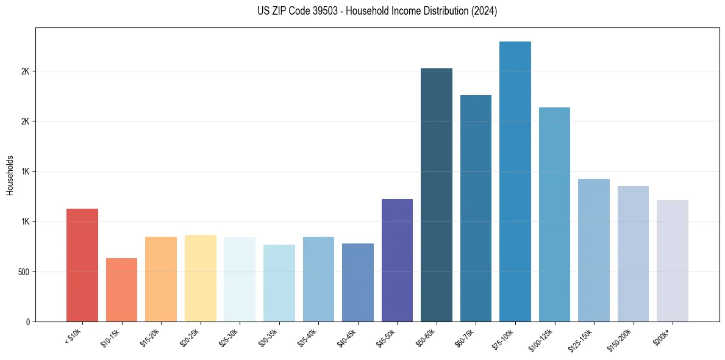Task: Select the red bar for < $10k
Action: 82,265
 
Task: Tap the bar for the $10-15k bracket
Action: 121,290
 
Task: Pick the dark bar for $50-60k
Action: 436,195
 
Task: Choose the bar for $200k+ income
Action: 672,261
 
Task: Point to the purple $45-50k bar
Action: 397,260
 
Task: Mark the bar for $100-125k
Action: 554,214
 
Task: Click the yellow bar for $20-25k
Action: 200,278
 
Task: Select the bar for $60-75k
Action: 476,208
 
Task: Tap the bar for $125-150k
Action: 593,250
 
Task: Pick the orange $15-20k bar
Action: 161,279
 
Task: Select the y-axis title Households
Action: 10,175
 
